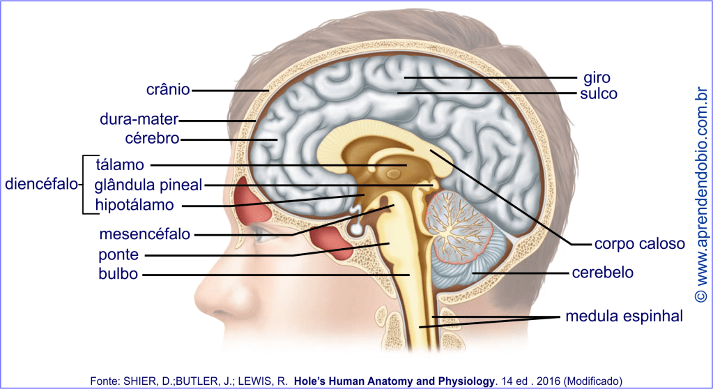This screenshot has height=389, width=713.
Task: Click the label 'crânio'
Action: click(168, 90)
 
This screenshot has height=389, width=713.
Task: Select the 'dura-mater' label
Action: click(139, 119)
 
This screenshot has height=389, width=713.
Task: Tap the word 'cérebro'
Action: click(153, 139)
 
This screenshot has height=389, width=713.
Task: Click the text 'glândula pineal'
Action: click(148, 185)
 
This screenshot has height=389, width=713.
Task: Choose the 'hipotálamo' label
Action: click(135, 205)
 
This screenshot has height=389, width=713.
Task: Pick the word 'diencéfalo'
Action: click(40, 185)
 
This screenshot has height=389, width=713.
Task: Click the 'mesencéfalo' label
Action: click(144, 234)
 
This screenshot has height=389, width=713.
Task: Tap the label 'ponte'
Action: click(118, 254)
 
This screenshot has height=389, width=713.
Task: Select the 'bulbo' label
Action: click(118, 274)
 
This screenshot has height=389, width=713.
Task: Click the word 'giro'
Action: click(597, 77)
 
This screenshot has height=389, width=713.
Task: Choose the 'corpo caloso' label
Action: click(639, 244)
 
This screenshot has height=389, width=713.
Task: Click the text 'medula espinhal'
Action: click(624, 316)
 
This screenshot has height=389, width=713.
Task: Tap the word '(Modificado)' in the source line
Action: click(592, 380)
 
